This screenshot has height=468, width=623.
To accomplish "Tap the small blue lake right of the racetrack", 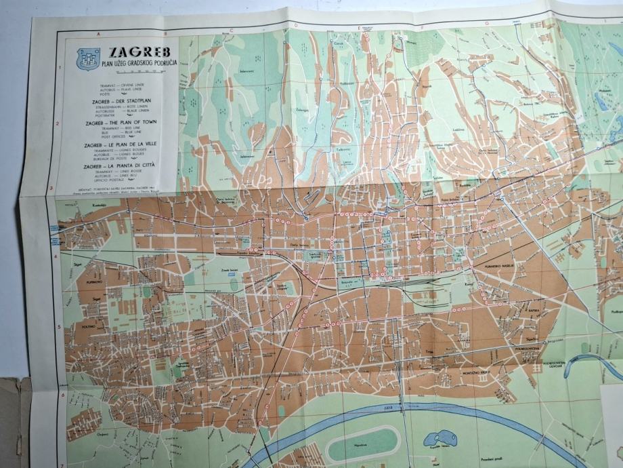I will click(439, 439).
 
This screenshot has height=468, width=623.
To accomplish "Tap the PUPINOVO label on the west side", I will click(93, 279).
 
